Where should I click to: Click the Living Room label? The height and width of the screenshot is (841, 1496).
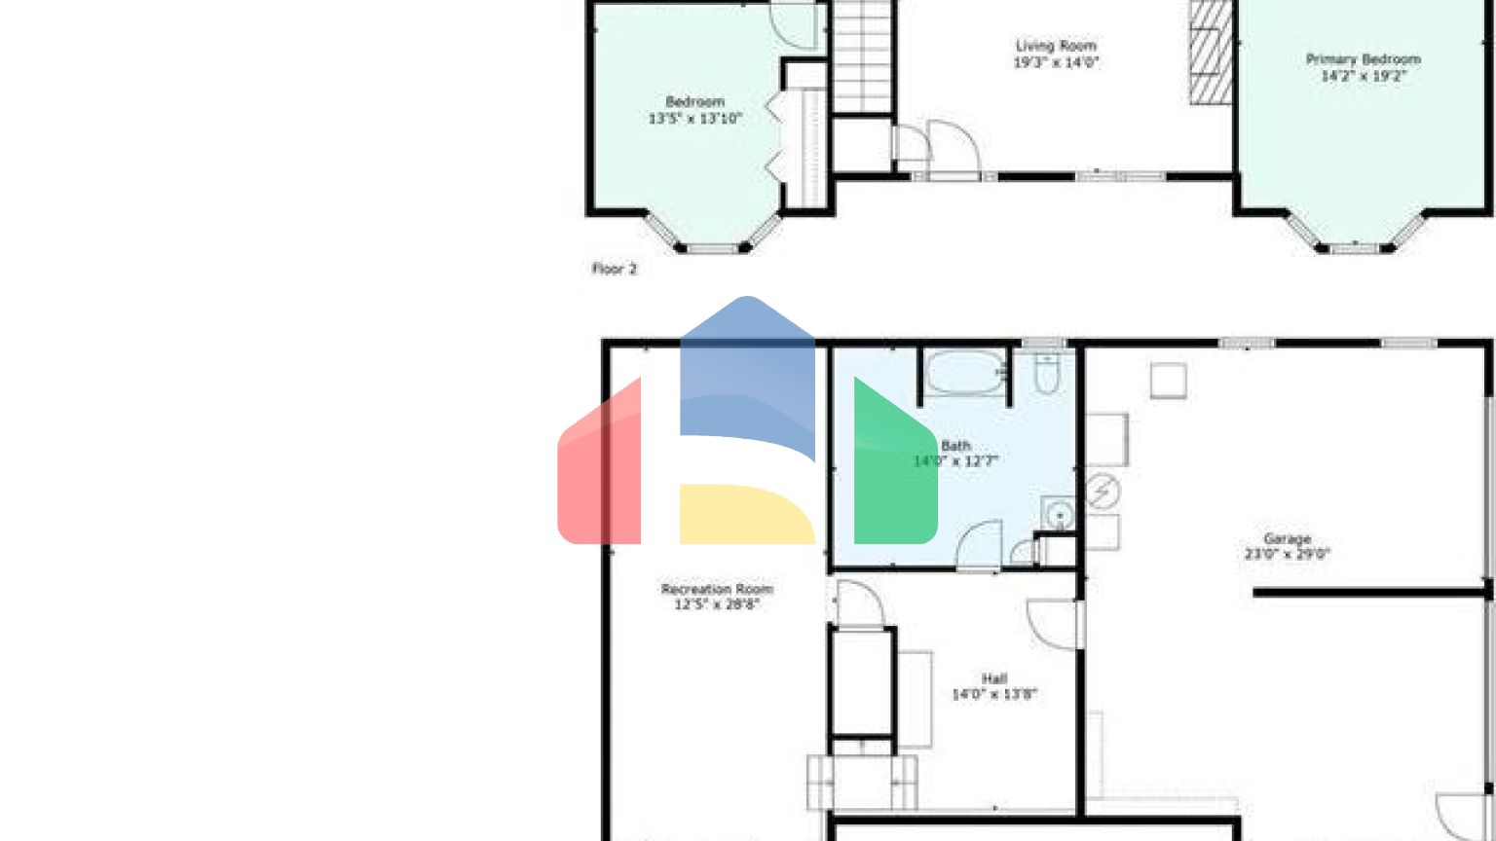point(1056,46)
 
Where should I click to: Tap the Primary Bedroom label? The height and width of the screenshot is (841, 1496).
point(1363,59)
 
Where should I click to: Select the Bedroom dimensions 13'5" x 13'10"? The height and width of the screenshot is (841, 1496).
point(695,119)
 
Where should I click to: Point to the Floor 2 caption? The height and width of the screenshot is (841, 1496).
point(615,269)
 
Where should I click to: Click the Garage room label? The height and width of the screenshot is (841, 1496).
point(1287,538)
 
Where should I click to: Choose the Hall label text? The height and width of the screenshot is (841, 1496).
point(994,678)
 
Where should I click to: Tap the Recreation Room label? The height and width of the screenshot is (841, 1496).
point(717,589)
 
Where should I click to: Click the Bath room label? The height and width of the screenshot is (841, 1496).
point(955,446)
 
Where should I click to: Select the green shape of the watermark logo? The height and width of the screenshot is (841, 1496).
point(894,467)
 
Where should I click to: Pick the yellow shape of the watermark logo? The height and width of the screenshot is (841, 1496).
point(745,514)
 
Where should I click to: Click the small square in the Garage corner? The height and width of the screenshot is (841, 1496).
point(1168,381)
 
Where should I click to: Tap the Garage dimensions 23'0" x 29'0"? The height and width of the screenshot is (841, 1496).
point(1287,555)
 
